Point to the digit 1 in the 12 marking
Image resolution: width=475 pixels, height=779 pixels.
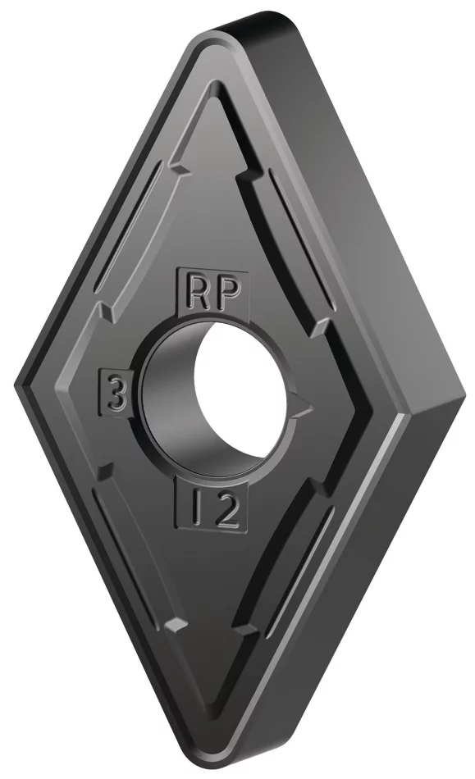(x=194, y=509)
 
